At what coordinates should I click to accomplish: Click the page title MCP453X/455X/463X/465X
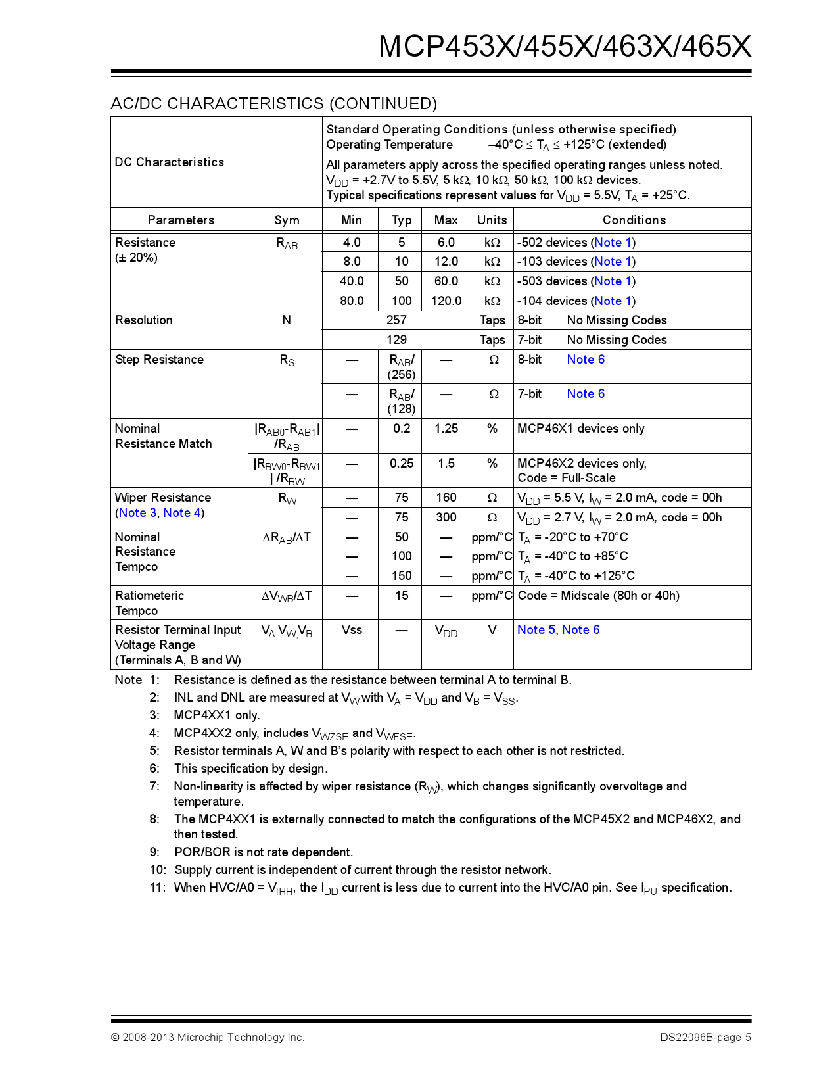point(565,46)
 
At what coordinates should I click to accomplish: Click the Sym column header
point(286,220)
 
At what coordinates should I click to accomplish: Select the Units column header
point(492,220)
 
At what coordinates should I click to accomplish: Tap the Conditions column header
point(634,220)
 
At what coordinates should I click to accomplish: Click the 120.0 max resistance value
point(446,301)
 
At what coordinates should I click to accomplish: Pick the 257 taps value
point(396,320)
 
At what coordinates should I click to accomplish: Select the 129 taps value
point(396,340)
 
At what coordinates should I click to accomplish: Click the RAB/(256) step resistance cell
point(401,367)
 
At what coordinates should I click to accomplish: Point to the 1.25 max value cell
point(446,429)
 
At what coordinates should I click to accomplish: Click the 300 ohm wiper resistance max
point(446,518)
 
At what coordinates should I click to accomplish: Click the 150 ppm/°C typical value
point(401,576)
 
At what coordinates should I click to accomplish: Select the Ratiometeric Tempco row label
point(149,603)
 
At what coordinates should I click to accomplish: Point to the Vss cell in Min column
point(352,630)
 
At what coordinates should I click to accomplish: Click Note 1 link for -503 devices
point(613,281)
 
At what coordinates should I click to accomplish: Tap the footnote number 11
point(156,888)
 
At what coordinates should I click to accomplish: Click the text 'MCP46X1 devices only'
point(580,429)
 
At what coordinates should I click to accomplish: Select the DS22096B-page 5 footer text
point(705,1038)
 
